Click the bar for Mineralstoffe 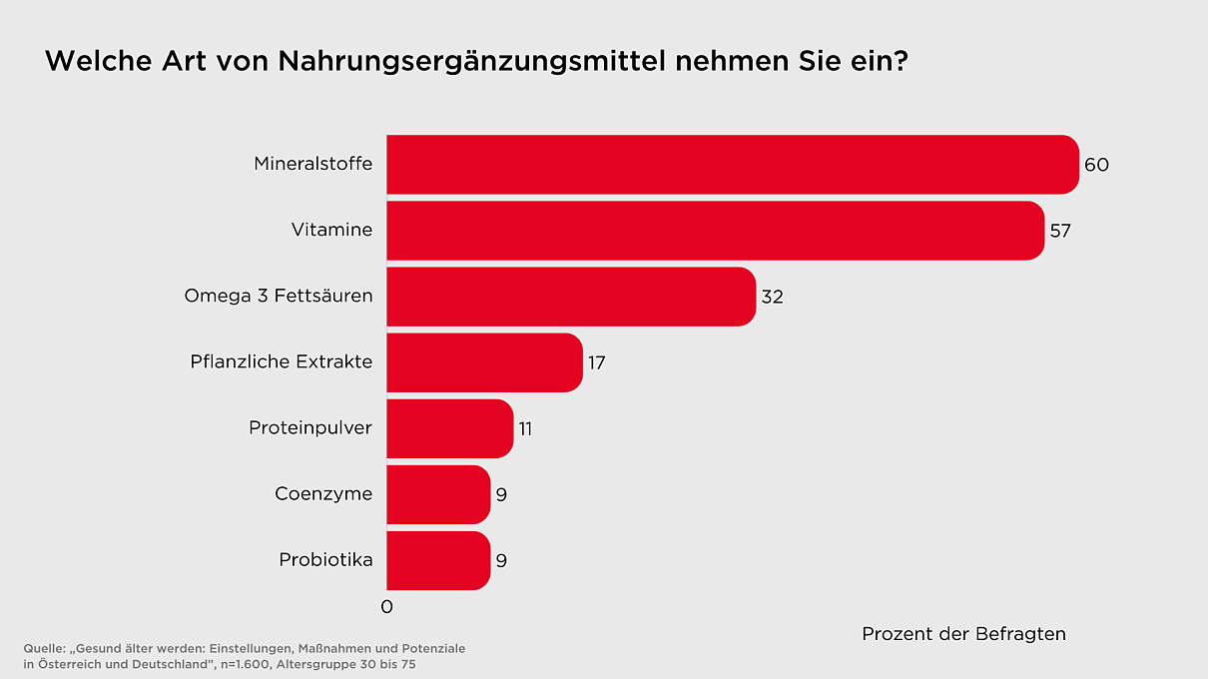tap(732, 165)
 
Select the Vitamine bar tap(715, 231)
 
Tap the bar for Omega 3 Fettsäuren tap(570, 297)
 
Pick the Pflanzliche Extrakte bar tap(484, 362)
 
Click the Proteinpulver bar tap(449, 428)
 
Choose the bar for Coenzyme tap(438, 494)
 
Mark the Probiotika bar tap(438, 560)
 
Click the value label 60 tap(1096, 165)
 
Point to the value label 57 tap(1060, 231)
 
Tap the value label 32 tap(772, 297)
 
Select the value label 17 tap(597, 362)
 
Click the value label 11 tap(525, 428)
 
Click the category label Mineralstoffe tap(312, 164)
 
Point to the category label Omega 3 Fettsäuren tap(279, 297)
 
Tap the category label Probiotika tap(325, 560)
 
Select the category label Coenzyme tap(323, 494)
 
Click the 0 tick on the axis tap(387, 607)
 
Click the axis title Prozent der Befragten tap(963, 634)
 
